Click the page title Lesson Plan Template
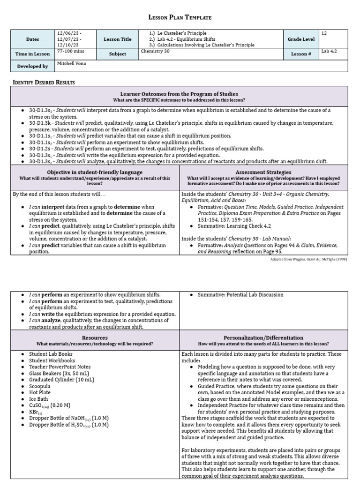180,17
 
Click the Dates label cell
32,39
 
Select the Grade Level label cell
301,39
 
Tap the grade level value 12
324,33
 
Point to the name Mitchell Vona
72,63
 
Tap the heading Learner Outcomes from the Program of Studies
180,94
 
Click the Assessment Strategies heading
263,172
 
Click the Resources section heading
95,337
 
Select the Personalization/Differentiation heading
263,337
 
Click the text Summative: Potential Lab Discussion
240,295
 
